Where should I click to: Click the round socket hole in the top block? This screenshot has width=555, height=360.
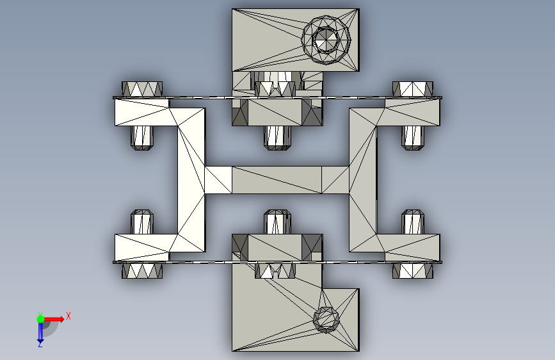(x=326, y=39)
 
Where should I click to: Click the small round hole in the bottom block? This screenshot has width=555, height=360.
(x=326, y=320)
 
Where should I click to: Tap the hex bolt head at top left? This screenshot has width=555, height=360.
(x=142, y=89)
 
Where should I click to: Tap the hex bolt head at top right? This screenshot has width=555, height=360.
(x=413, y=89)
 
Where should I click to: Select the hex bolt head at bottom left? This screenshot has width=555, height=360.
(x=142, y=271)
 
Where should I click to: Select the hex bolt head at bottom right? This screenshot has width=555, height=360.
(x=413, y=271)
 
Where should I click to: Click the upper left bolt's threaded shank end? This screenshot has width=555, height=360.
(x=142, y=138)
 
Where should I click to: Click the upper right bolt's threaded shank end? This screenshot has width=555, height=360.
(x=413, y=138)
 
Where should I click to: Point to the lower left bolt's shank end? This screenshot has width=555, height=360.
(x=142, y=222)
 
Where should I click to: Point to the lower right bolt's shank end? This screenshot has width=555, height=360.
(x=413, y=222)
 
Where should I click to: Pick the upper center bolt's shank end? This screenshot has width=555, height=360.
(x=278, y=138)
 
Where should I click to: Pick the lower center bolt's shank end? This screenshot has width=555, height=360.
(x=278, y=222)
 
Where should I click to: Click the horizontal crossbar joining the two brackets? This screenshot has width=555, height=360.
(x=277, y=180)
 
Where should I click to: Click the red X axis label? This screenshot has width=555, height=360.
(x=68, y=316)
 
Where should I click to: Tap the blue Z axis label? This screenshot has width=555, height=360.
(x=40, y=344)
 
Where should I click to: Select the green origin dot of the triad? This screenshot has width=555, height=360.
(x=41, y=319)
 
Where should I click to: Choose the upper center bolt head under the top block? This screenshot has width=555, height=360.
(x=275, y=89)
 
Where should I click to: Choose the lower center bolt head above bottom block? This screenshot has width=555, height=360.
(x=275, y=271)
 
